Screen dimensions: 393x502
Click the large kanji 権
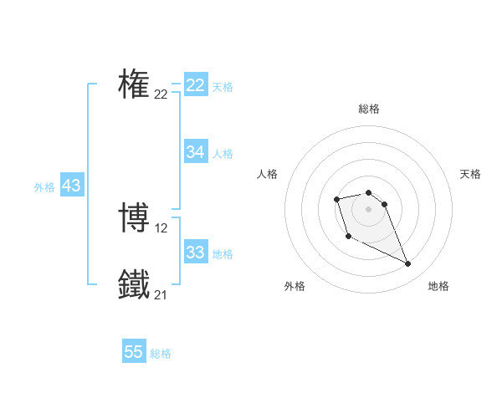point(134,84)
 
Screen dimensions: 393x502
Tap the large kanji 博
point(134,218)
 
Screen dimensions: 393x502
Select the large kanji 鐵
point(134,285)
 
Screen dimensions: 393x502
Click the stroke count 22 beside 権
point(161,94)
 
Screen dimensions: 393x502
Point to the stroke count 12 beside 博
point(161,228)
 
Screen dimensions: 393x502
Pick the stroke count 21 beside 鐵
point(161,295)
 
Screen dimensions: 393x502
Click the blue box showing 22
point(196,85)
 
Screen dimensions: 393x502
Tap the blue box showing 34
point(196,152)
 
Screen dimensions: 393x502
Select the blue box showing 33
point(196,253)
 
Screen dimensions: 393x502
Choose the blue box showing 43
point(71,186)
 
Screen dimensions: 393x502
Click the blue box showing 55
point(134,352)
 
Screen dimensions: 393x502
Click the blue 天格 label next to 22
point(223,87)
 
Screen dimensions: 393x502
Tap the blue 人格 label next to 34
point(223,154)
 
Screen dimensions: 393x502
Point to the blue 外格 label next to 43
point(44,187)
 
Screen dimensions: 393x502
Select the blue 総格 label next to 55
point(161,354)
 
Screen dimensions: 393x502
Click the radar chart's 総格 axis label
point(368,109)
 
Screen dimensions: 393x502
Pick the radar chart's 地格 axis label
point(438,286)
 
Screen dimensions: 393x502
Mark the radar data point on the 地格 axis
point(408,264)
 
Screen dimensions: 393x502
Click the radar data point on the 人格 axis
point(336,199)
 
